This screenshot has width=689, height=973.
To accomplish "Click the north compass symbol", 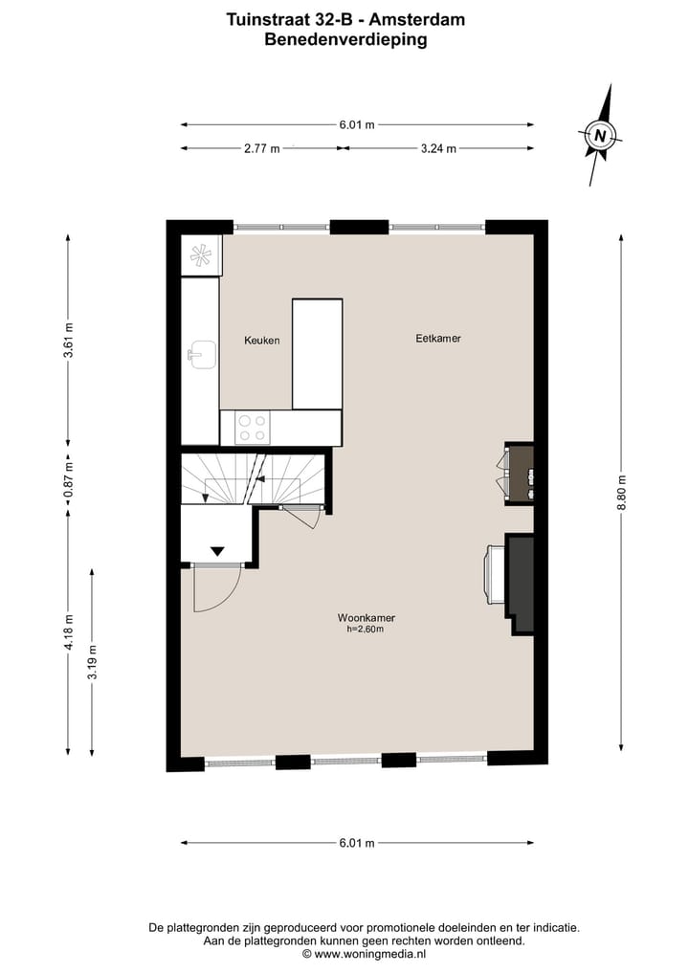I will [x=600, y=135].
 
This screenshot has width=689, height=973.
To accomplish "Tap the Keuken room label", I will [x=262, y=340].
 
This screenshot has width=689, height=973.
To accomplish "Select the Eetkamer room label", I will [x=438, y=338].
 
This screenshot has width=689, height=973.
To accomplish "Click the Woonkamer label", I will [x=366, y=618].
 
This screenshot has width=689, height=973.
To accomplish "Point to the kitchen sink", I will [x=202, y=354].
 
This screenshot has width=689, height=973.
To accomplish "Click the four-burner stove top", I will [x=253, y=427].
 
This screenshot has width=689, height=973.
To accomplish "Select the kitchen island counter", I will [x=317, y=354].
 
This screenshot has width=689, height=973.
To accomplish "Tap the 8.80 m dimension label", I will [x=621, y=490].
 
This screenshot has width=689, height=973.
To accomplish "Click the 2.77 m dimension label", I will [x=261, y=148].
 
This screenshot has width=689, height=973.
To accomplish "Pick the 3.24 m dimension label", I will [x=438, y=148].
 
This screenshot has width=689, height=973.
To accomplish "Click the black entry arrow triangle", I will [x=217, y=550].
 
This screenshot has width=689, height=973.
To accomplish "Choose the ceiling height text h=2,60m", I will [x=366, y=630].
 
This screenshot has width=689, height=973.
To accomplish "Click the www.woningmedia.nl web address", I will [x=369, y=954].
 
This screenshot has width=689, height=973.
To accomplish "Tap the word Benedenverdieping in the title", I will [x=345, y=40].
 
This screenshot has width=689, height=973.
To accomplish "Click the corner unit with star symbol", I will [x=202, y=255].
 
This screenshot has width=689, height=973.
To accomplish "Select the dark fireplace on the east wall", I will [x=520, y=583].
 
